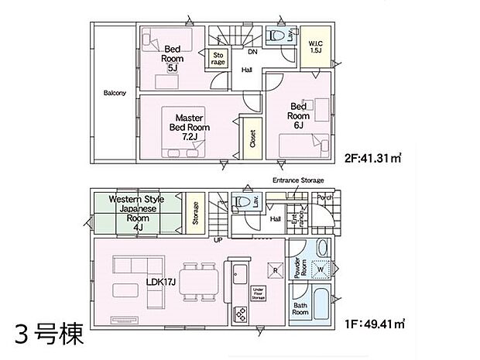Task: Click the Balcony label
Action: click(x=115, y=94)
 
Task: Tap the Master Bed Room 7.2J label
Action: click(x=190, y=128)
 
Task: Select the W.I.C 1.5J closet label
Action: click(x=315, y=46)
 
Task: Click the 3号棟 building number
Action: click(x=49, y=335)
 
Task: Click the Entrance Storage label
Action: click(x=297, y=180)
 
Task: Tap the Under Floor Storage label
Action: click(x=259, y=293)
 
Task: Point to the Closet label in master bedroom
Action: click(x=252, y=139)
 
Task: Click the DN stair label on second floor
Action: click(x=252, y=53)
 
